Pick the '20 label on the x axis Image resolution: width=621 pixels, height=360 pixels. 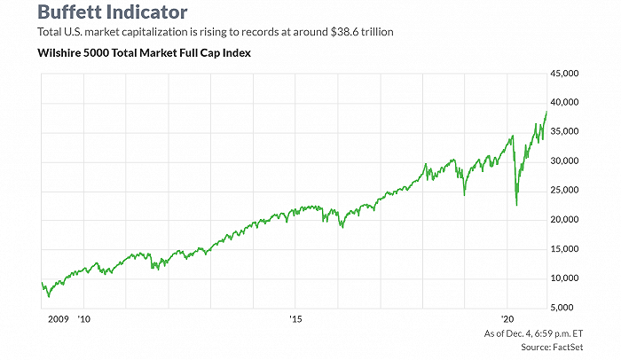[508, 318]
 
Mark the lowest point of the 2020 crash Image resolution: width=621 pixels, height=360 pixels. [516, 206]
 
